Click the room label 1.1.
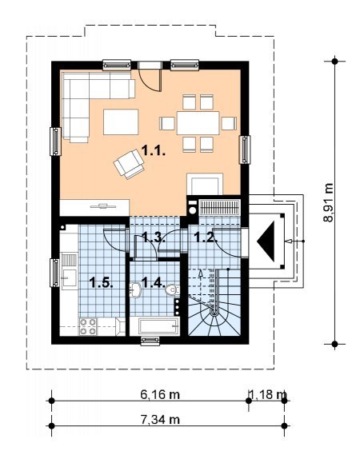click(x=154, y=150)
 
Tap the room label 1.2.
click(x=206, y=237)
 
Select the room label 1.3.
click(x=154, y=237)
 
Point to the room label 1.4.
click(x=154, y=282)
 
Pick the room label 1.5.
click(x=101, y=282)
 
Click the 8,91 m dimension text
click(x=328, y=202)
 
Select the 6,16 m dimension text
click(x=160, y=395)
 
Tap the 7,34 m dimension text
click(x=160, y=420)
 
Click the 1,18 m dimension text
click(x=268, y=395)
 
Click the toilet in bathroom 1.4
click(x=172, y=289)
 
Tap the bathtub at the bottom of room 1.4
click(x=155, y=326)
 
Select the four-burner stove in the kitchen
click(x=88, y=326)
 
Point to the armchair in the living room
click(x=129, y=164)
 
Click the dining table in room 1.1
click(x=198, y=123)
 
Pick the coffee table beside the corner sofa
click(x=121, y=122)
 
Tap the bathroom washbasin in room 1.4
click(x=135, y=290)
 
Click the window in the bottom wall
click(x=150, y=341)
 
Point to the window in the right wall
click(x=245, y=150)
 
